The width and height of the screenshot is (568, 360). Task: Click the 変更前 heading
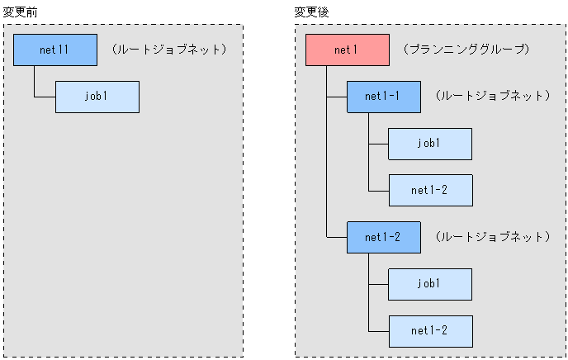(20, 12)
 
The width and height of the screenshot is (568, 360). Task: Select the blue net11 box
(55, 50)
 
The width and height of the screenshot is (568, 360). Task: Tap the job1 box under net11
(97, 97)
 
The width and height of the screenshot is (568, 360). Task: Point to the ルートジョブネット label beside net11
(168, 50)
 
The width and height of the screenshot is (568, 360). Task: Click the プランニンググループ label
(466, 50)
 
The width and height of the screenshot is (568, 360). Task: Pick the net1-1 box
(383, 97)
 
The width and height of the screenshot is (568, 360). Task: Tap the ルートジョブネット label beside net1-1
(490, 97)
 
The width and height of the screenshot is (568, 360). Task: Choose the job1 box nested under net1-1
(429, 144)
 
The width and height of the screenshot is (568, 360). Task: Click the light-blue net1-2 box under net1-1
(429, 190)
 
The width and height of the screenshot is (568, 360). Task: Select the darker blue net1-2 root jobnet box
(383, 237)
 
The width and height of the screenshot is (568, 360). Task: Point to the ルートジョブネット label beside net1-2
(490, 237)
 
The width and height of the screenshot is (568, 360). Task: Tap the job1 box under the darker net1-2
(429, 284)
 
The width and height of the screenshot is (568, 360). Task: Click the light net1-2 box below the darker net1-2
(429, 330)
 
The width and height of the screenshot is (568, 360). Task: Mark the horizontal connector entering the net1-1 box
(336, 97)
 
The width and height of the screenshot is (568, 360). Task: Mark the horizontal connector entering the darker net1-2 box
(336, 237)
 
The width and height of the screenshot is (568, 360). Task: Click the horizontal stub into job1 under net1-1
(378, 144)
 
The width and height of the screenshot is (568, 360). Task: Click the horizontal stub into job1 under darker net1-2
(378, 284)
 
